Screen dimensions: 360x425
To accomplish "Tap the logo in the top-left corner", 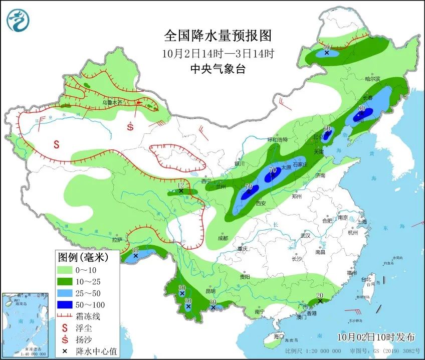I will (18, 20).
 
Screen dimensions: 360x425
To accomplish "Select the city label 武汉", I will (306, 235).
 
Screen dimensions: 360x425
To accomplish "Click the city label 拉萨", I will (117, 240).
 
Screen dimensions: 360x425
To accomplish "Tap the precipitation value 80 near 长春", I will (361, 108).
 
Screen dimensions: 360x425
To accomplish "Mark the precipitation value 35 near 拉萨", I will (135, 250).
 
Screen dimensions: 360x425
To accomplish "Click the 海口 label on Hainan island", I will (279, 336).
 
